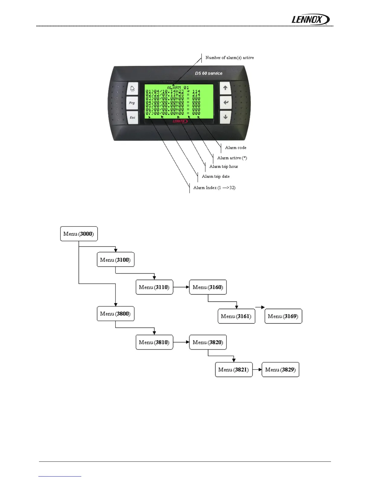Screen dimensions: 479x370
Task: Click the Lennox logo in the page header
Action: pos(310,20)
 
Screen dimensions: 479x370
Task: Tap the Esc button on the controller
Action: pos(132,117)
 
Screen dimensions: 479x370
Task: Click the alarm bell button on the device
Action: pos(132,89)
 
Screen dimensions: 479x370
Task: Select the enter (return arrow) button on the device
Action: pos(226,103)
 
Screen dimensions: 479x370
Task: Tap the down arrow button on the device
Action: pos(226,117)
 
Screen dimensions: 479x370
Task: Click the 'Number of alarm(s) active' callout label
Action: pos(229,58)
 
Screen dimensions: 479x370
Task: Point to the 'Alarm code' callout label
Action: pos(235,148)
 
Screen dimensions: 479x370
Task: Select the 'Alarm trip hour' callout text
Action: pos(224,167)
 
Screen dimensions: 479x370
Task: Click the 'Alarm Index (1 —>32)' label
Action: pos(214,188)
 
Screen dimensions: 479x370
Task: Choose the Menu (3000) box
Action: pos(79,234)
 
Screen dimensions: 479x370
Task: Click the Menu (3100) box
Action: pos(115,260)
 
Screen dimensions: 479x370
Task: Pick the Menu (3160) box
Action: pos(208,287)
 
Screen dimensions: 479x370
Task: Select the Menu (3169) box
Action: pos(283,316)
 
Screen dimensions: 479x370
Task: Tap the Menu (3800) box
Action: pos(115,314)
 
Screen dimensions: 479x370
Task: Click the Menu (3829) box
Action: pos(280,370)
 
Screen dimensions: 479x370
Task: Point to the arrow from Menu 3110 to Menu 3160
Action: pos(181,287)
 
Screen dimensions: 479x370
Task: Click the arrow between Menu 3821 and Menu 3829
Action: pos(257,370)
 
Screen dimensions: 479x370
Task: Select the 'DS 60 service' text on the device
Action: pos(209,73)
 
